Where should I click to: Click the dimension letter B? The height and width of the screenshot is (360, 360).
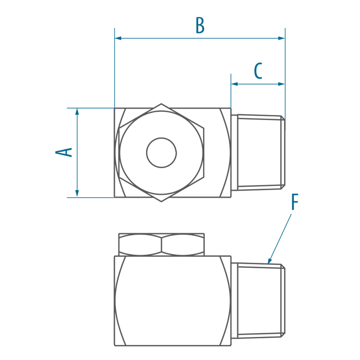200,25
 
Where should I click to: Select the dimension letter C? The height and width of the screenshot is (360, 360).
258,70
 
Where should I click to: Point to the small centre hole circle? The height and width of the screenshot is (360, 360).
161,153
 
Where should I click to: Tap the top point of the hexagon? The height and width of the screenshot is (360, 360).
161,104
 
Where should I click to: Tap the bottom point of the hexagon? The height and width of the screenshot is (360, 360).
161,201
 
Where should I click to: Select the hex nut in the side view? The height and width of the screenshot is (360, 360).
161,245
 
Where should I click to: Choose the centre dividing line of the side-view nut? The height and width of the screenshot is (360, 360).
161,245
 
